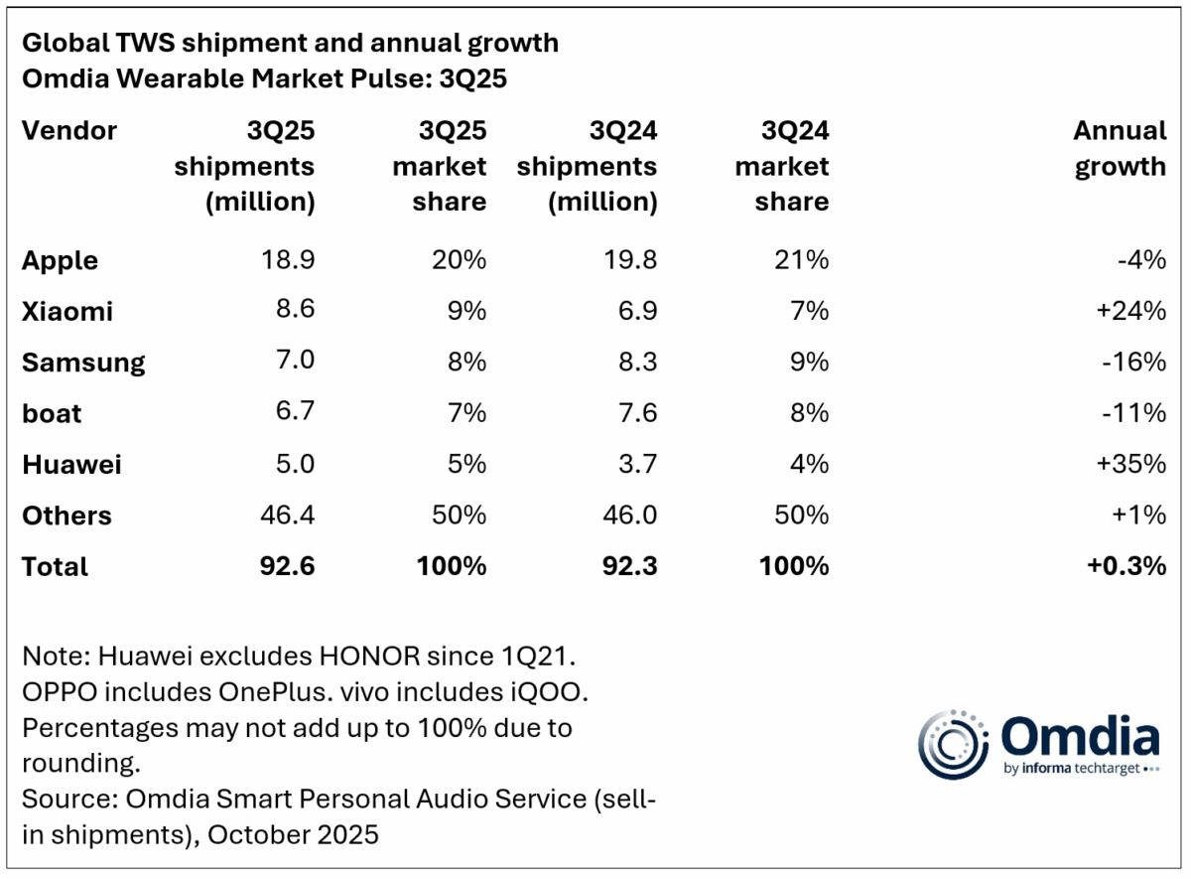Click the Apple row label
(60, 260)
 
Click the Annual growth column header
(1120, 148)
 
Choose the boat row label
(52, 413)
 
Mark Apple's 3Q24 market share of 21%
(802, 260)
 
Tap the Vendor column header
(68, 130)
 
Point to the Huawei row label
(71, 464)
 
